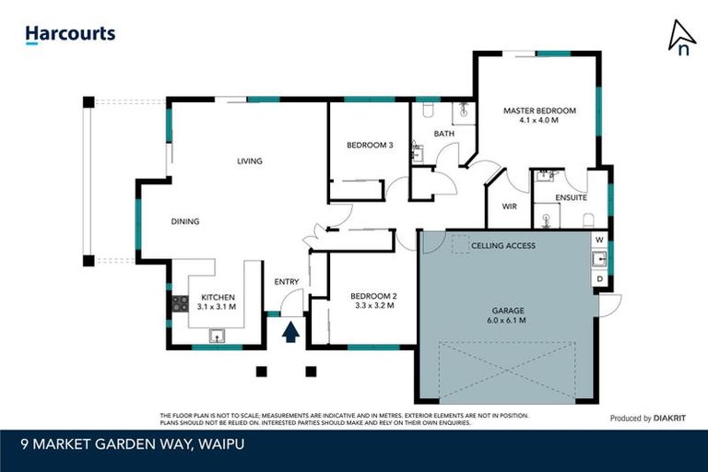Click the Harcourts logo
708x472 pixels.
(x=70, y=34)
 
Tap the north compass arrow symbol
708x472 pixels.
(x=681, y=38)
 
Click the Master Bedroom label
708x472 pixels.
(x=539, y=115)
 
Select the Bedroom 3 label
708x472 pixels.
(x=370, y=145)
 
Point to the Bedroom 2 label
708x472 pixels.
(x=373, y=301)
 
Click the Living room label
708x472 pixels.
(x=249, y=161)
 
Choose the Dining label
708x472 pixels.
(x=184, y=221)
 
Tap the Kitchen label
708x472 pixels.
(x=217, y=301)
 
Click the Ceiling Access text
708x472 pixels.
(x=502, y=246)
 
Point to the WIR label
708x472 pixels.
(x=509, y=206)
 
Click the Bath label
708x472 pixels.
(x=444, y=134)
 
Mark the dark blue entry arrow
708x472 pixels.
(x=290, y=332)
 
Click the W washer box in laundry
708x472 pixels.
(x=599, y=240)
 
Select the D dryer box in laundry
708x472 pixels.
(x=599, y=277)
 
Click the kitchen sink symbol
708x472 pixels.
(x=218, y=336)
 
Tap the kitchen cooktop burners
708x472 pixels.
(x=181, y=301)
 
